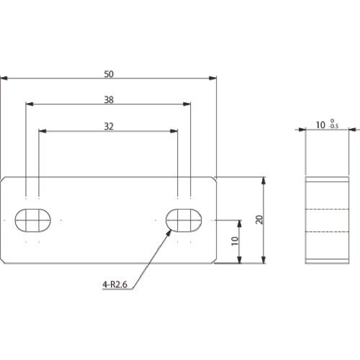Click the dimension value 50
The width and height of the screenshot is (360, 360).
click(109, 74)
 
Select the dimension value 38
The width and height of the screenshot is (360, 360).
click(109, 99)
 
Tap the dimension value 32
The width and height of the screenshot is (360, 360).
click(109, 126)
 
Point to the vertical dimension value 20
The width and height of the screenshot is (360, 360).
click(259, 220)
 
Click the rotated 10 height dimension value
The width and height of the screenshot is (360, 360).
click(235, 240)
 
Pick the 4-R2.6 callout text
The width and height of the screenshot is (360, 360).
click(114, 284)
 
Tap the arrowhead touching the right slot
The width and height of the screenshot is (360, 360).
click(169, 233)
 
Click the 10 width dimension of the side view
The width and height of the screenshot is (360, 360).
click(320, 125)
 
